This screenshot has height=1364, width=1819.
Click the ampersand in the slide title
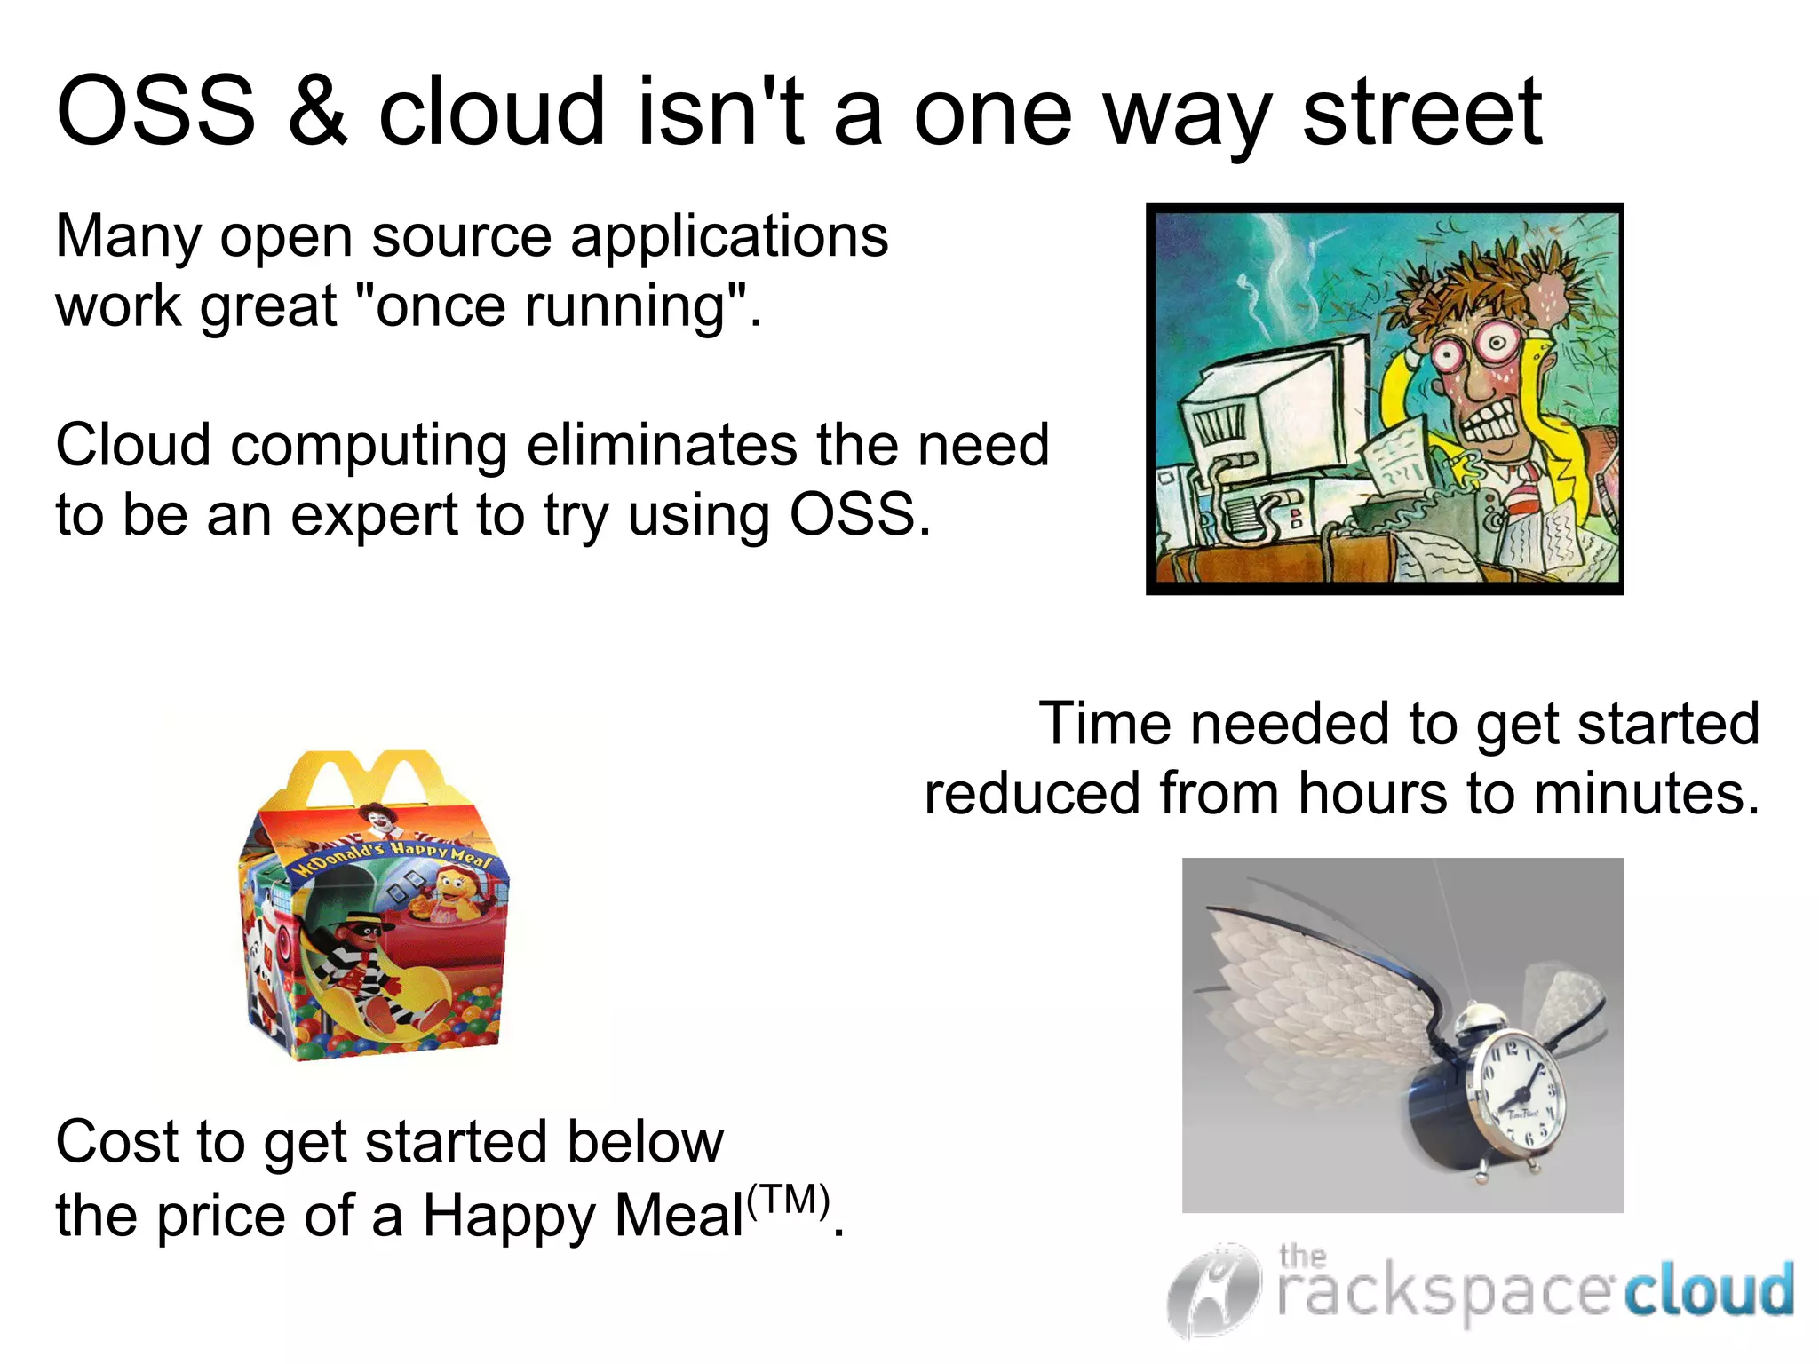tap(318, 113)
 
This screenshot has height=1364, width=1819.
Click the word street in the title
tap(1422, 113)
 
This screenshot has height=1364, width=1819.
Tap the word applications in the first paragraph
tap(729, 237)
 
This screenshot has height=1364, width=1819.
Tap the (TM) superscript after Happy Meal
tap(789, 1201)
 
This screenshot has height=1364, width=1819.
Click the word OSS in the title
tap(156, 113)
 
